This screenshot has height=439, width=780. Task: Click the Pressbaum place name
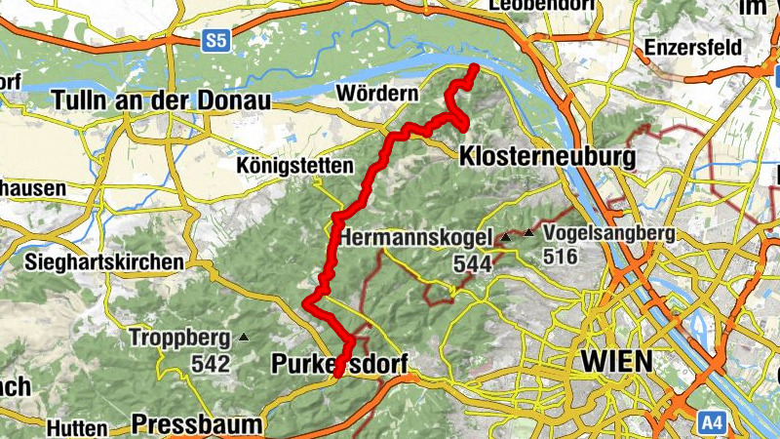pos(197,424)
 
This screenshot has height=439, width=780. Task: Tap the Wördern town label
pos(375,94)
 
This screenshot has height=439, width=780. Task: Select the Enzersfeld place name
pos(693,48)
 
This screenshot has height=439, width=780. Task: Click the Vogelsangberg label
pos(609,233)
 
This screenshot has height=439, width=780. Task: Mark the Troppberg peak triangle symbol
pos(244,339)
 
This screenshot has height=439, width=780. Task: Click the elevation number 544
pos(471,262)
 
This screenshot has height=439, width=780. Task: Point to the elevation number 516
pos(561,258)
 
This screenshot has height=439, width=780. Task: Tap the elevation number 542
pos(211,365)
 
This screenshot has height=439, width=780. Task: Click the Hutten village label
pos(76,427)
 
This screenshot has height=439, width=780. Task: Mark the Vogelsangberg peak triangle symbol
pos(529,233)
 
